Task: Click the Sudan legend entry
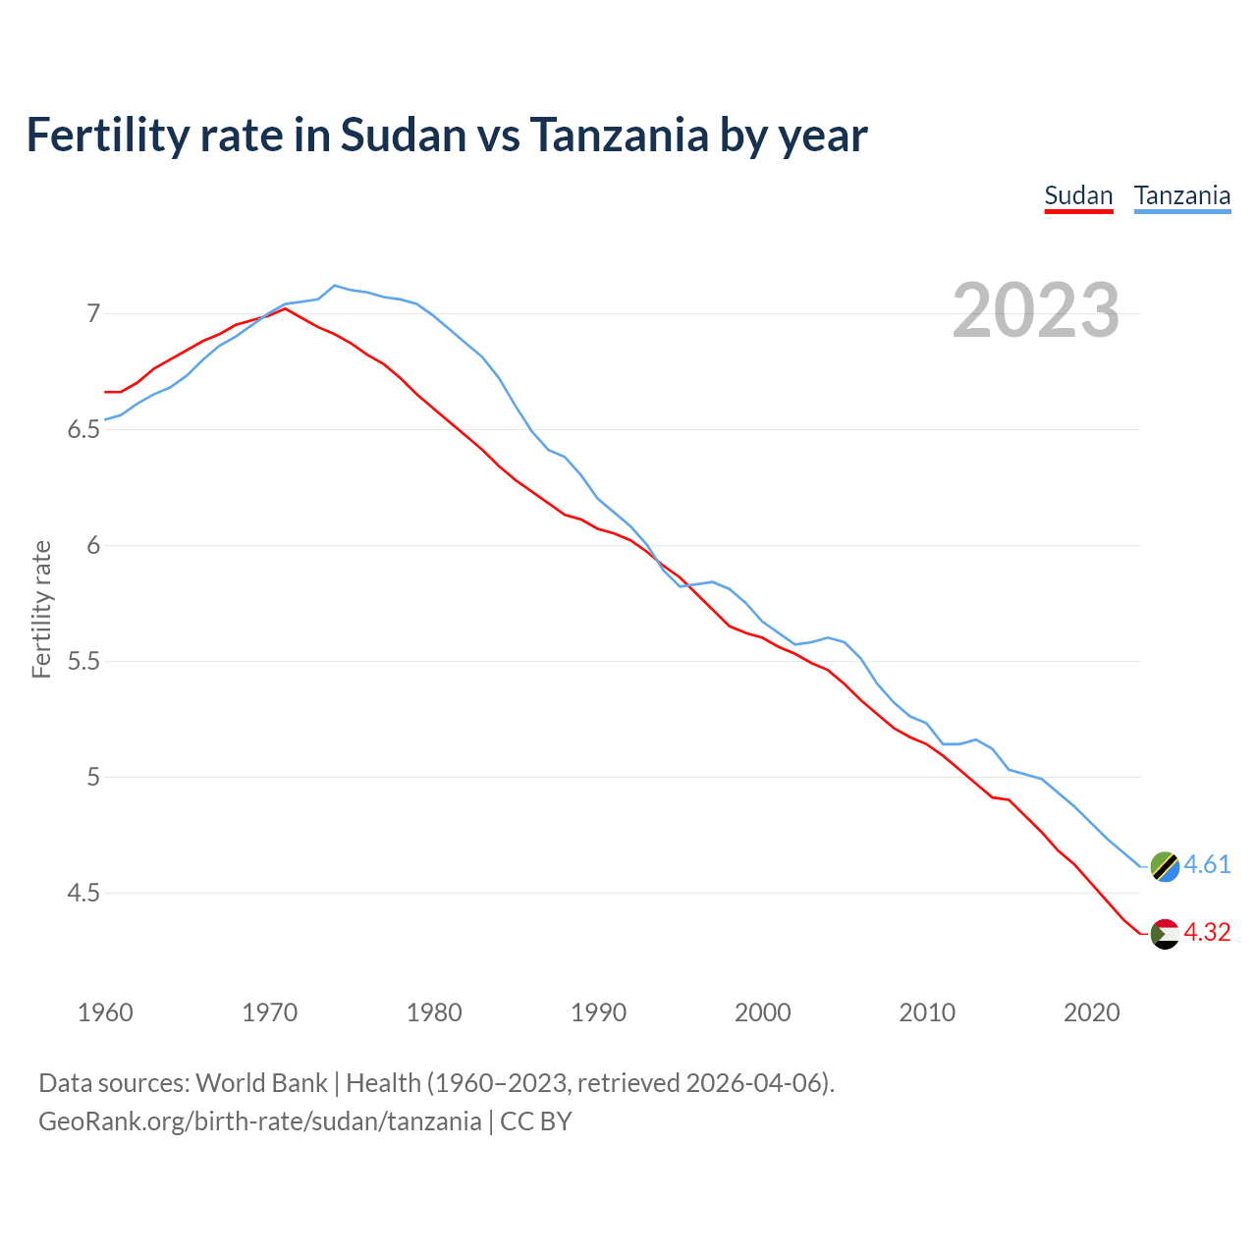[x=1078, y=195]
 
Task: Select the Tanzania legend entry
[x=1181, y=195]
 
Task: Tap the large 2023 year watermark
[x=1035, y=310]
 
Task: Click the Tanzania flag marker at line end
[x=1165, y=866]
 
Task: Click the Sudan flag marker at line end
[x=1165, y=934]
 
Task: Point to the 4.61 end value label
[x=1207, y=864]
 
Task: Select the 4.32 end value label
[x=1207, y=932]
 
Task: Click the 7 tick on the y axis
[x=93, y=314]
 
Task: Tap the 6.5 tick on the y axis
[x=83, y=430]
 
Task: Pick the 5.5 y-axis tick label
[x=83, y=662]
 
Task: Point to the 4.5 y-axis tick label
[x=83, y=894]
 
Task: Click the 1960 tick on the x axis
[x=105, y=1012]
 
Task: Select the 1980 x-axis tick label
[x=434, y=1012]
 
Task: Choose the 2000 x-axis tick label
[x=763, y=1012]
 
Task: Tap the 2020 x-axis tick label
[x=1091, y=1012]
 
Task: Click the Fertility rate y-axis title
[x=41, y=609]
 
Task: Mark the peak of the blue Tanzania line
[x=335, y=286]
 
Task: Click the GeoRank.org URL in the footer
[x=260, y=1121]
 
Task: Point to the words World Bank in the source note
[x=261, y=1083]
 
